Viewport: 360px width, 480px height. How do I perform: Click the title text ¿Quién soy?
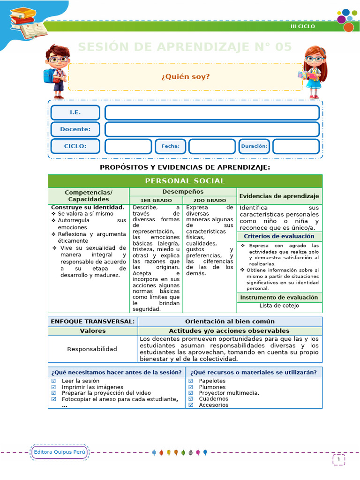pos(186,76)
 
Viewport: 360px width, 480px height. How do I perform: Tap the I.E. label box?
pos(75,112)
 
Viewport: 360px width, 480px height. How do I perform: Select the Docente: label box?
pos(75,129)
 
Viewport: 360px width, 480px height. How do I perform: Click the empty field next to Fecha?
pos(212,146)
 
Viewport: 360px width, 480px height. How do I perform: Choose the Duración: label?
pos(254,146)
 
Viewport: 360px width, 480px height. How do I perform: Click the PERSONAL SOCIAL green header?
pos(185,181)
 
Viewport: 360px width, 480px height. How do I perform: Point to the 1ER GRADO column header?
pos(156,200)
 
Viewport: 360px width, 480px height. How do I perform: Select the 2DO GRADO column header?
pos(210,200)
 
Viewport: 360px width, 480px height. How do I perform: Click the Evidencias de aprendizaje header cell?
pos(279,196)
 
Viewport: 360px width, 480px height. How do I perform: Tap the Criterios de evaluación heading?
pos(279,236)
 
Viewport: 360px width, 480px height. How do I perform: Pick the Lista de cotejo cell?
pos(279,306)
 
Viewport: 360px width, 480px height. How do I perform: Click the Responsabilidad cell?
pos(92,349)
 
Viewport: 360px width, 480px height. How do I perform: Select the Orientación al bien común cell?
pos(230,322)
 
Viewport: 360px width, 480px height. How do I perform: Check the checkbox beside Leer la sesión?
pos(53,381)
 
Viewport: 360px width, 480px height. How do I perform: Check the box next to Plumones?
pos(191,387)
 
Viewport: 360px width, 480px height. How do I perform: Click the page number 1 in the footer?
pos(339,460)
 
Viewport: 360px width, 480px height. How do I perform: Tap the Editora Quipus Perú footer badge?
pos(59,452)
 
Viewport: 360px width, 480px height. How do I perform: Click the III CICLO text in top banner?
pos(303,26)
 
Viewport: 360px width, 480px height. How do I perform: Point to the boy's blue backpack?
pos(48,75)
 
